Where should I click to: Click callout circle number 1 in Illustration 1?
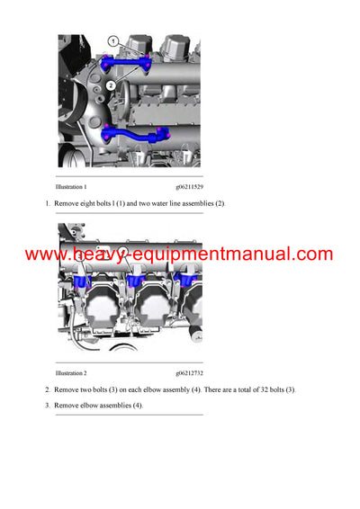pyautogui.click(x=113, y=41)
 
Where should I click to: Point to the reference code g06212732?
pyautogui.click(x=190, y=372)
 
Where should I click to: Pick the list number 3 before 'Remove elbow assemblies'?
pyautogui.click(x=47, y=406)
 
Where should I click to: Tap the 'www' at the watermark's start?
pyautogui.click(x=45, y=255)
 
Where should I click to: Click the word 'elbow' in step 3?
pyautogui.click(x=86, y=406)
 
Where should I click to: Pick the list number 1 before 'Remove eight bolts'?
pyautogui.click(x=47, y=204)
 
